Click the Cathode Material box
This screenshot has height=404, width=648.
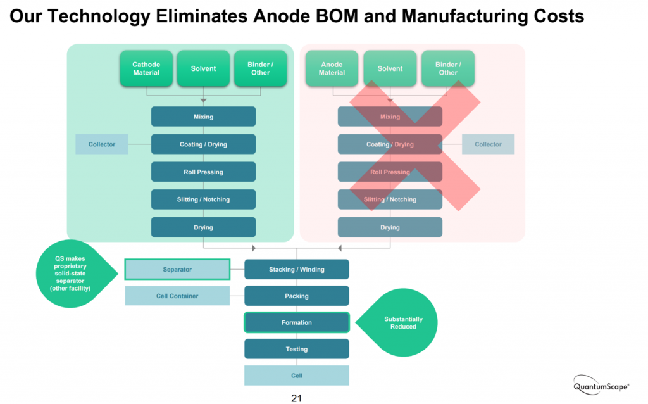(146, 68)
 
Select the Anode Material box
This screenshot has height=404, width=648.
(332, 68)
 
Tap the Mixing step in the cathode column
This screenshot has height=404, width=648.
(203, 117)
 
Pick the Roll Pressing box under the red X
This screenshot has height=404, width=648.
(390, 172)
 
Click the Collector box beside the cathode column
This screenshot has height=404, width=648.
(102, 144)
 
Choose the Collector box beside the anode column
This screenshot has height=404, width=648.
(488, 144)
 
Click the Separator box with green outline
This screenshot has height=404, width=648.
(177, 270)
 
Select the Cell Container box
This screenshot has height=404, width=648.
(177, 296)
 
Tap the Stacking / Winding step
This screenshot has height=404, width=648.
(296, 270)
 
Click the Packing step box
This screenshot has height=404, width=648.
(296, 296)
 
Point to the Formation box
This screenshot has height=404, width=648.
(296, 323)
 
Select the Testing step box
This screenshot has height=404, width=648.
(296, 349)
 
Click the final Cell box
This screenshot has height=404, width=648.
(296, 376)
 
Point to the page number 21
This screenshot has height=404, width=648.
(296, 398)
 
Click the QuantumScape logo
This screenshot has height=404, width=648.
(602, 385)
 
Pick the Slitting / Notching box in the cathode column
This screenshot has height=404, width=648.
(203, 199)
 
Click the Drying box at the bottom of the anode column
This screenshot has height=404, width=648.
(390, 227)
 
